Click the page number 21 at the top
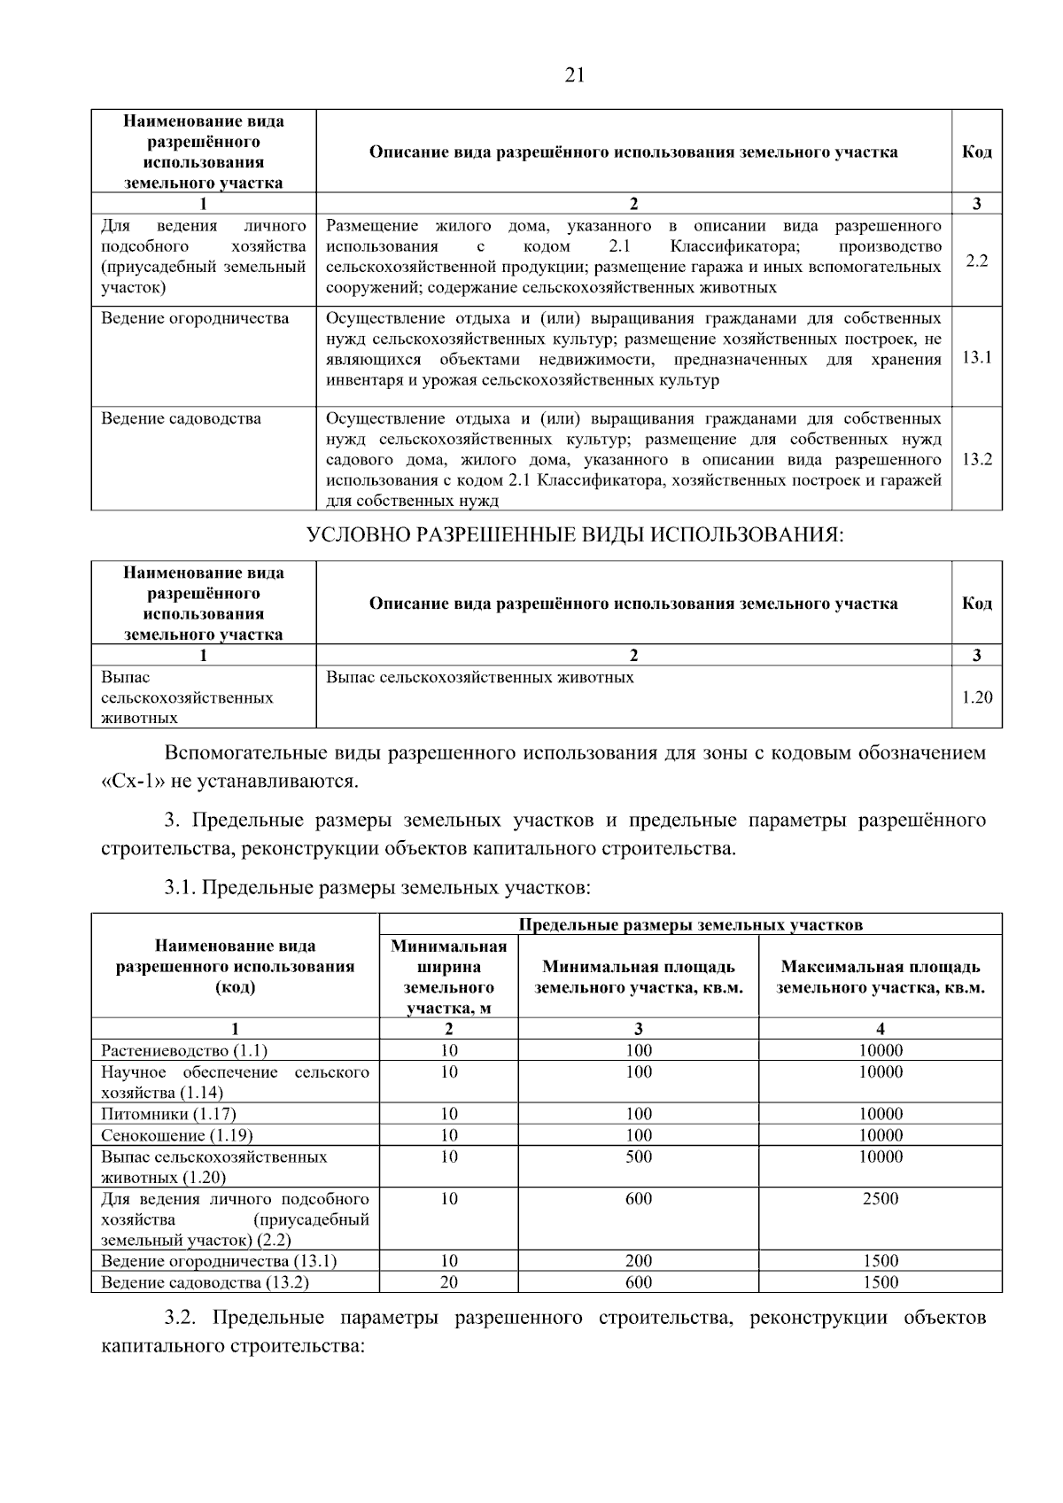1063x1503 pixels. [x=574, y=75]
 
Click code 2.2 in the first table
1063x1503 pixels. [x=976, y=261]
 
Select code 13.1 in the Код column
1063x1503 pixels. [x=976, y=358]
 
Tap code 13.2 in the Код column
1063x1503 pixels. [x=976, y=459]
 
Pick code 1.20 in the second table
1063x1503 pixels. [x=976, y=697]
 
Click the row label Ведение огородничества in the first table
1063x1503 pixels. [x=195, y=318]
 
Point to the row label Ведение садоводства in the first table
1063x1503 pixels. [x=181, y=418]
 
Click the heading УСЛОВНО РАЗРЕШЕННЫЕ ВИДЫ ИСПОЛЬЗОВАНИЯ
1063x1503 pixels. [x=574, y=535]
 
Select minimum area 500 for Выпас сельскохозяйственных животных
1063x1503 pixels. [x=638, y=1156]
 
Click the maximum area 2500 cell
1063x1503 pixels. [x=880, y=1199]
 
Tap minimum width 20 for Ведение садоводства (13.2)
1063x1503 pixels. [x=449, y=1282]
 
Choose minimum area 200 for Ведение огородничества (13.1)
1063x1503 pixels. [x=638, y=1261]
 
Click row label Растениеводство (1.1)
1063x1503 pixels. [x=184, y=1051]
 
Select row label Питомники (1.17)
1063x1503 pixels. [x=168, y=1114]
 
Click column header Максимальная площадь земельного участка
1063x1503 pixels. [x=880, y=977]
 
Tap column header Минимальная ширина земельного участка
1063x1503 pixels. [x=449, y=977]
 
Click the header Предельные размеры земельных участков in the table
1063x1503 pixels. [x=690, y=925]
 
